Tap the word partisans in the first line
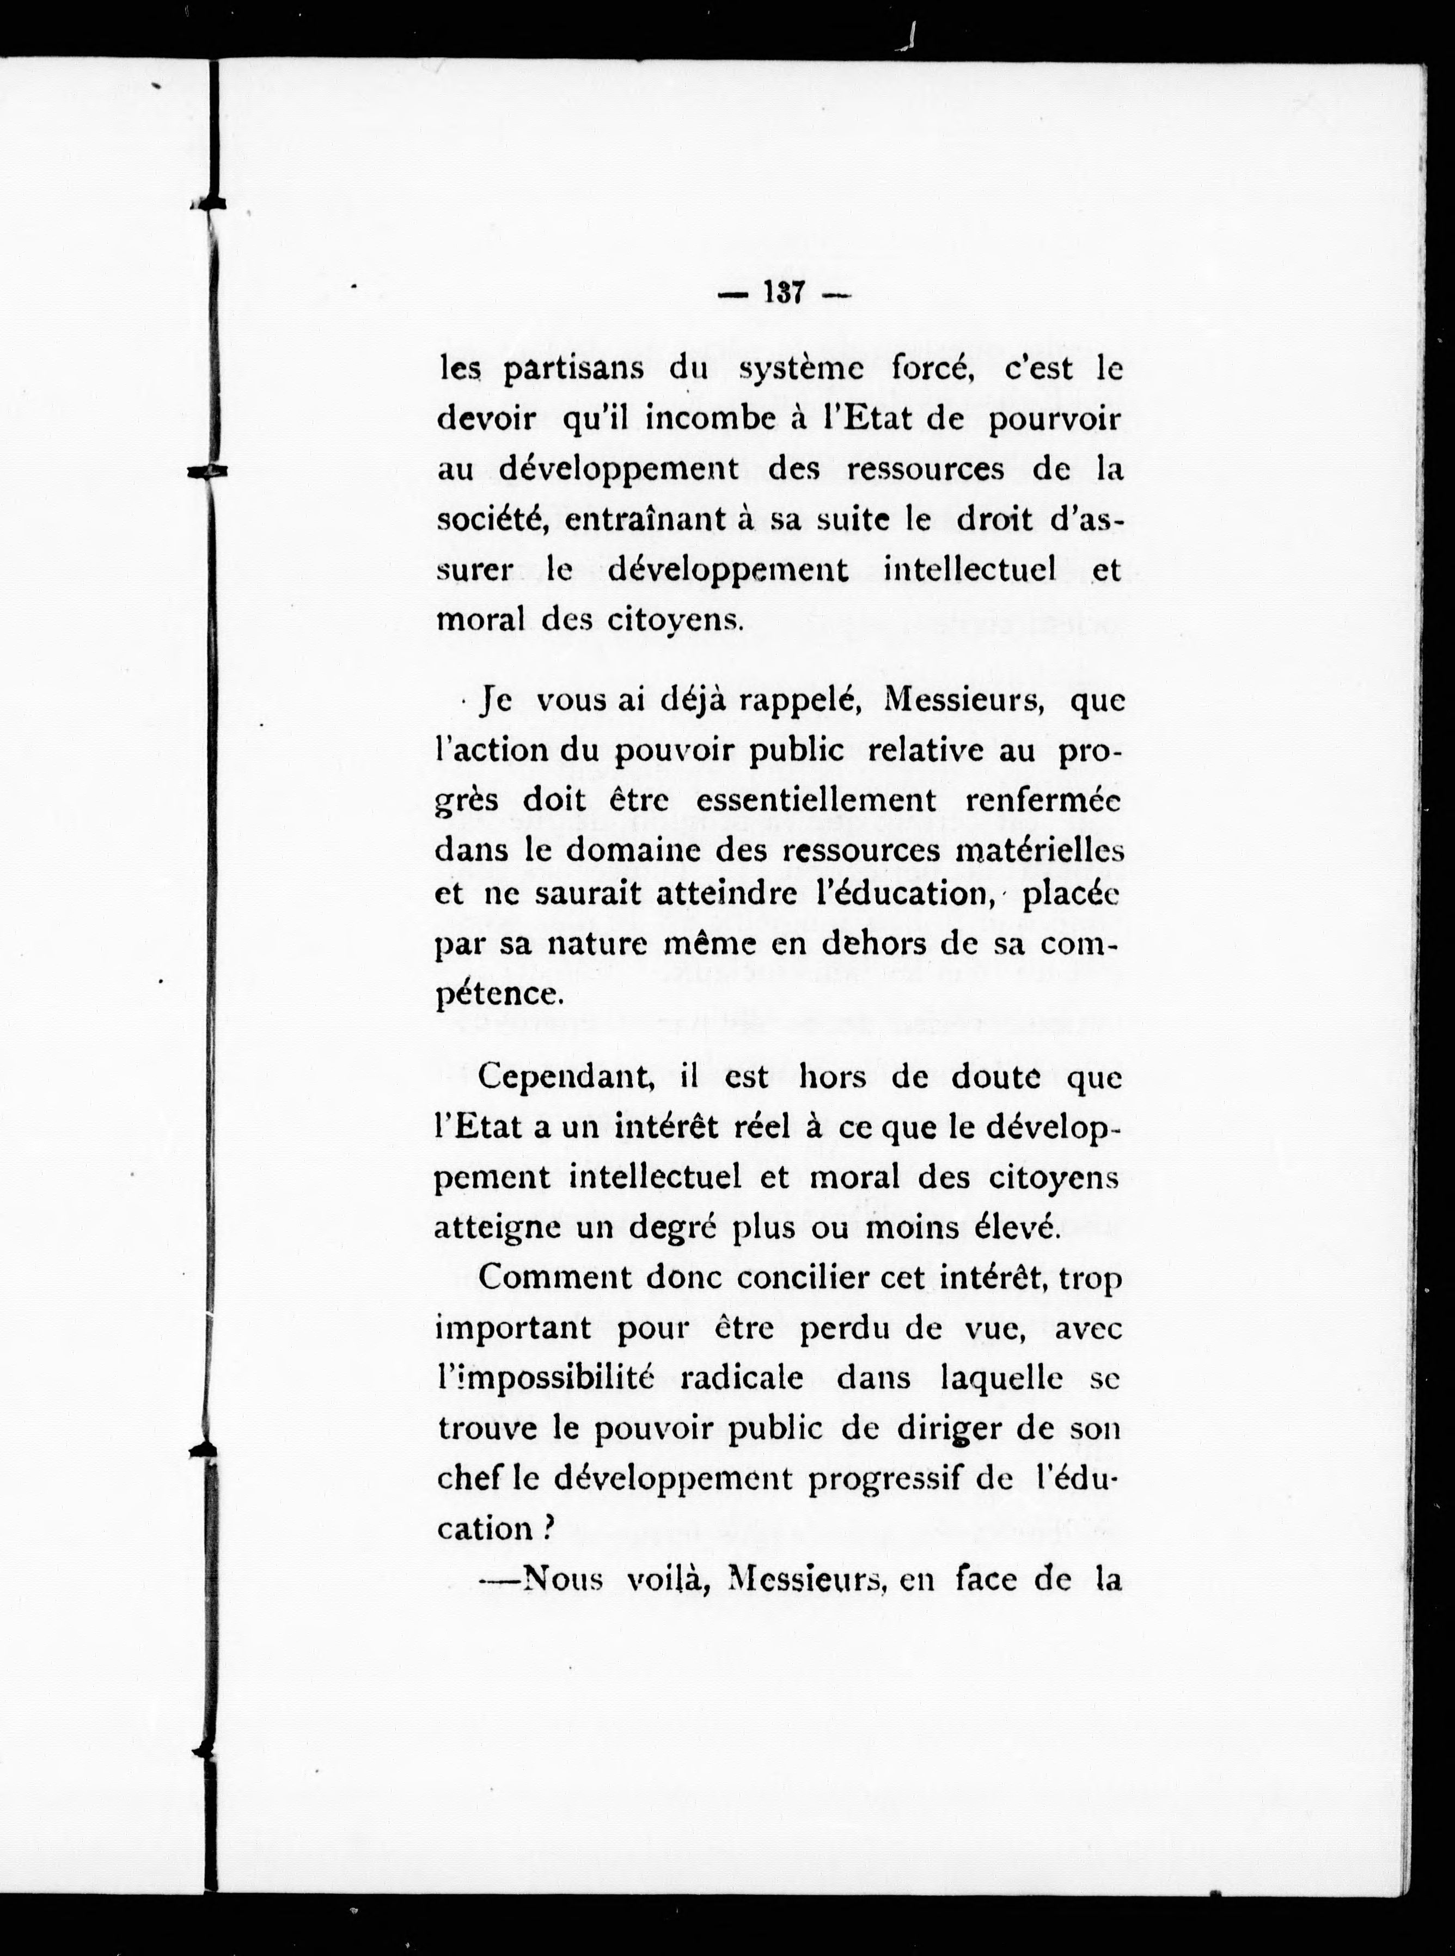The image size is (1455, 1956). pyautogui.click(x=572, y=369)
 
